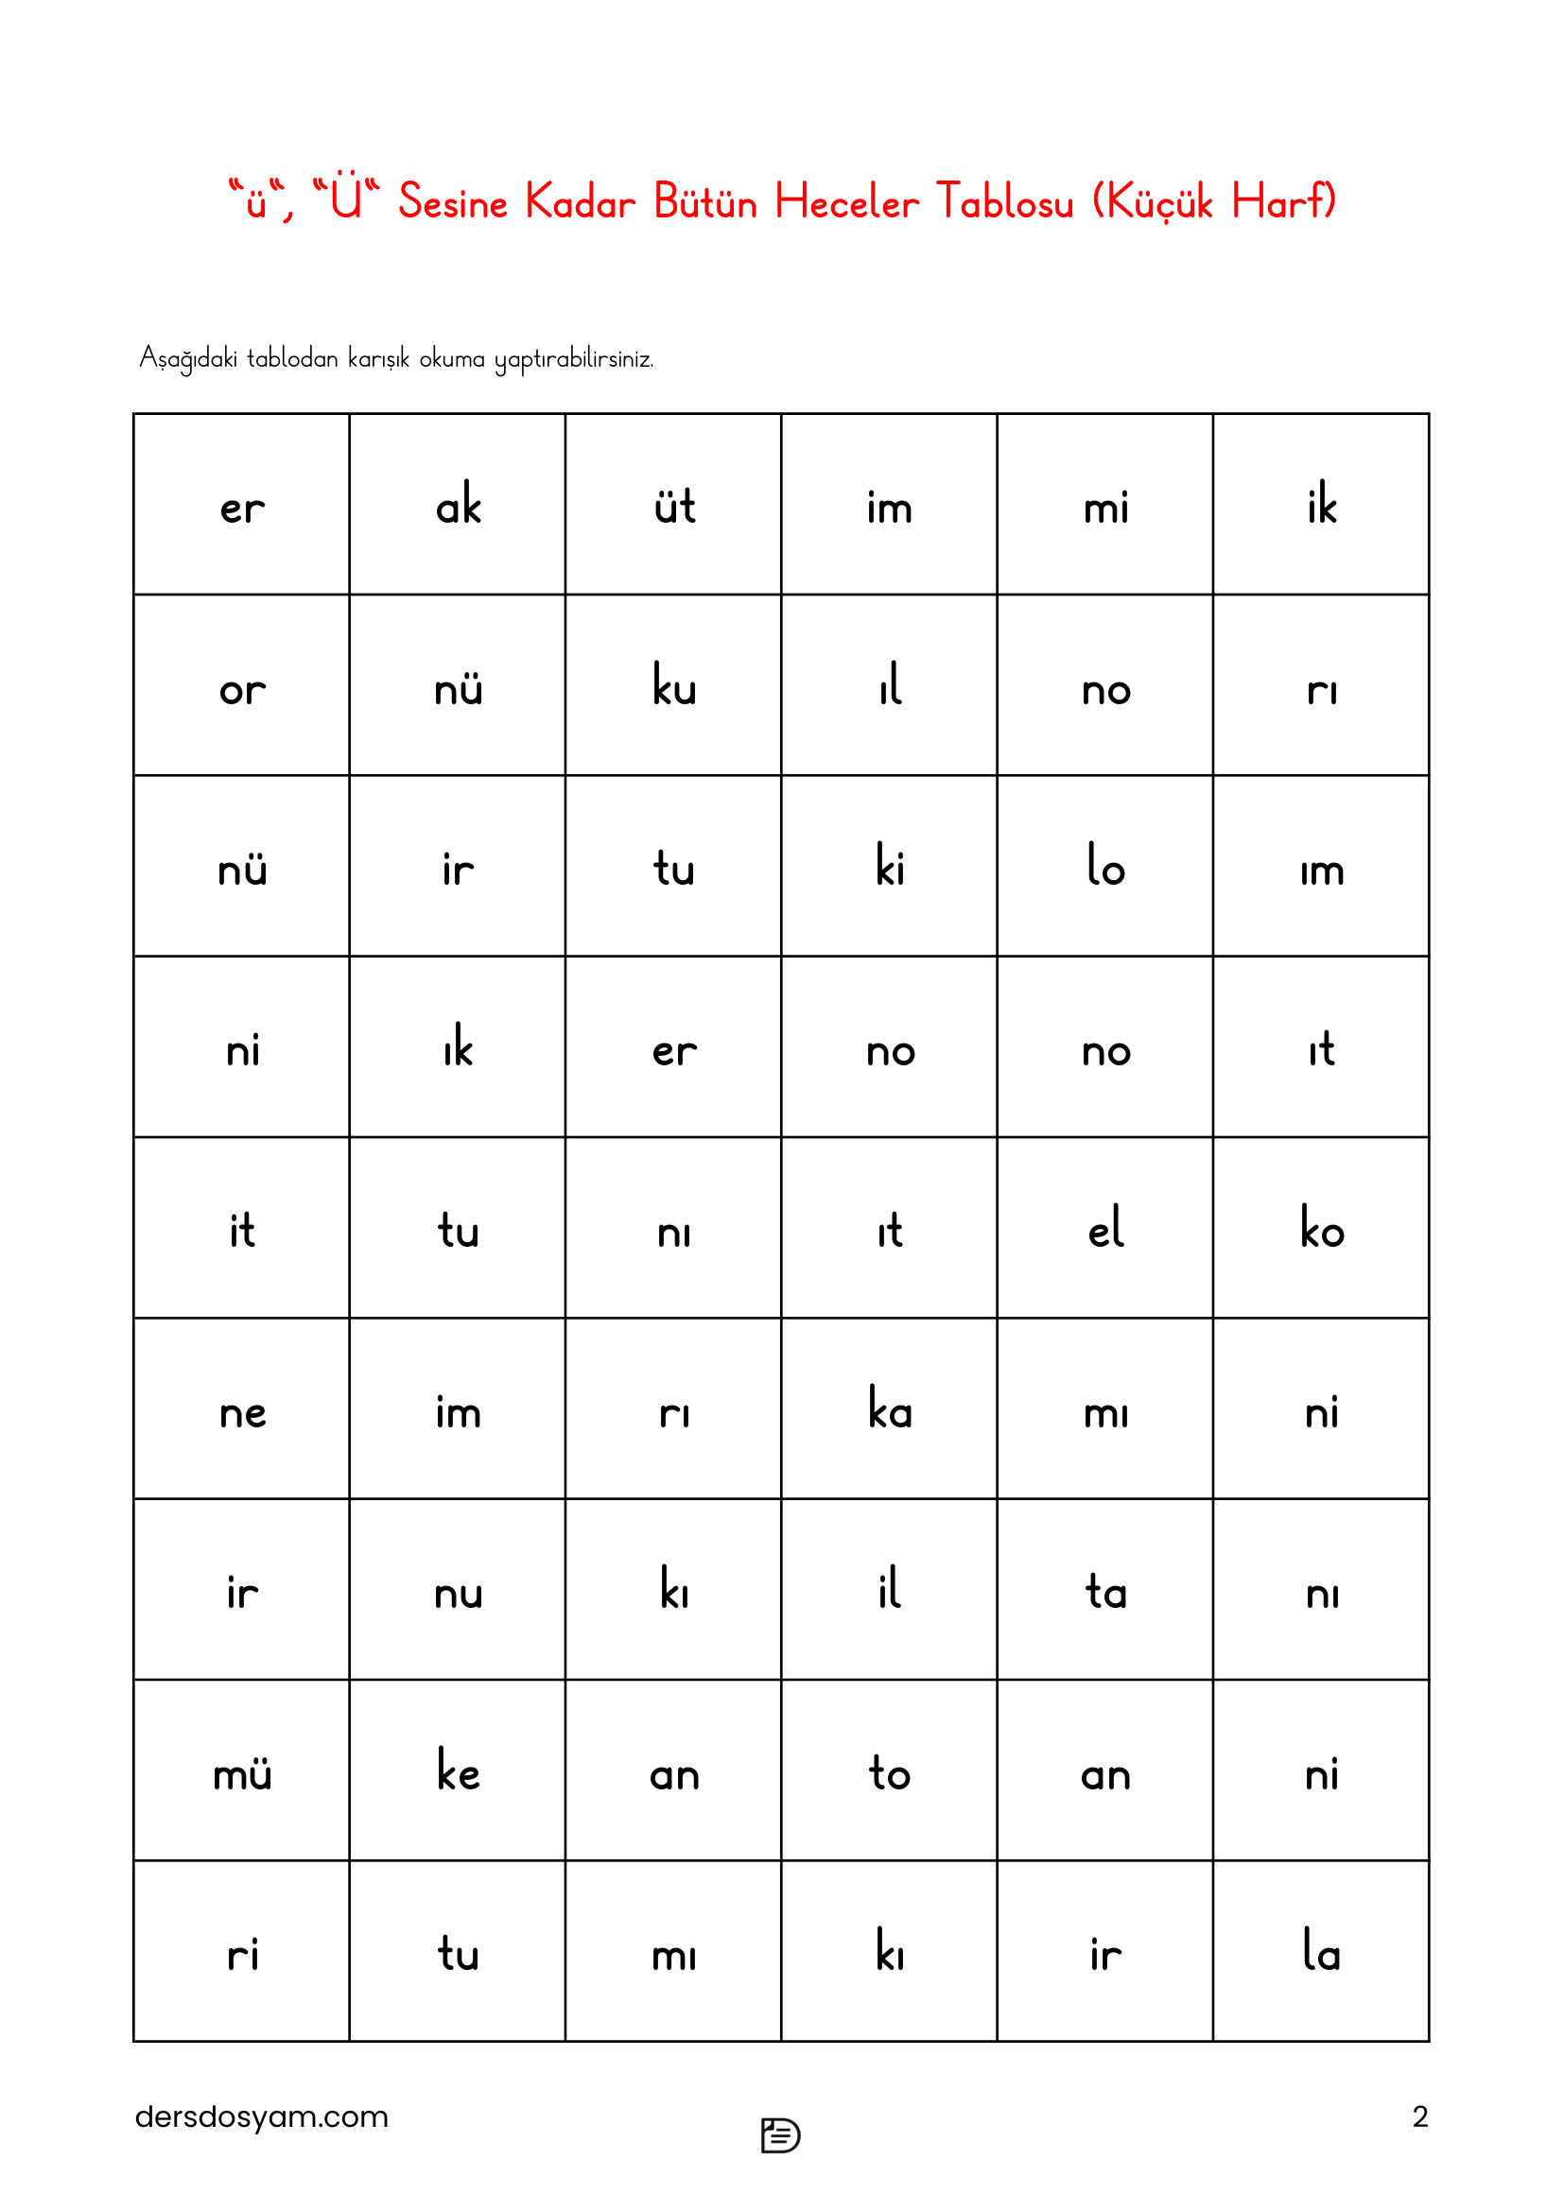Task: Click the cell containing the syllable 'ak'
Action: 458,505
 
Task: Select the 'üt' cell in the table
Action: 673,505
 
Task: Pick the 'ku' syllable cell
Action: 673,685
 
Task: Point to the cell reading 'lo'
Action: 1104,867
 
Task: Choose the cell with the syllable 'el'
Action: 1104,1229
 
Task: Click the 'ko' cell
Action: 1321,1229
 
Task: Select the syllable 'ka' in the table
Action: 889,1409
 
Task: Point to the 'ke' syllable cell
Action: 458,1771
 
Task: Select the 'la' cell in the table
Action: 1321,1952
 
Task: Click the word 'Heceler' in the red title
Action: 846,202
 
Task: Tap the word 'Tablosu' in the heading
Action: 1004,202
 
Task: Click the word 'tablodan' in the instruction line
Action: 292,358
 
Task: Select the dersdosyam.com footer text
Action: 261,2116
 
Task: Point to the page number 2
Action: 1419,2116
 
